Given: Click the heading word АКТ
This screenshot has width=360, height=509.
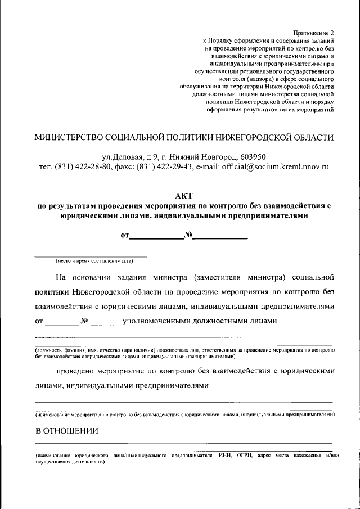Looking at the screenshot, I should coord(184,196).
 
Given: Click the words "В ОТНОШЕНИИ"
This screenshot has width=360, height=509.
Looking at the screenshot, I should coord(67,431).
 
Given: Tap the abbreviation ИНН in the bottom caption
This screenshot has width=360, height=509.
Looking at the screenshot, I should coord(224,455).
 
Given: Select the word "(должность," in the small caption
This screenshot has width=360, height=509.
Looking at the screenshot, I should coord(49,350).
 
